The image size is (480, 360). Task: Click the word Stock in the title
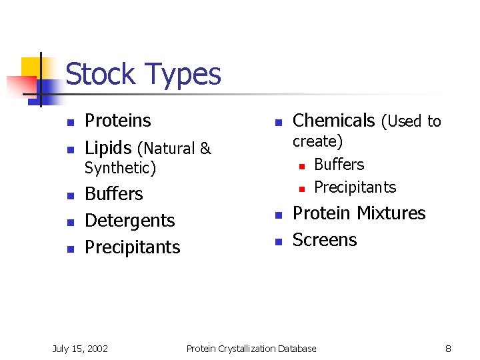tap(101, 74)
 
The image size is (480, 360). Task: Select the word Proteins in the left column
tap(118, 121)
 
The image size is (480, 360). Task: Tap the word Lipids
tap(108, 148)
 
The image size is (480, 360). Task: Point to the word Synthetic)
tap(120, 168)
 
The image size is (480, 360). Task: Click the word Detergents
tap(130, 221)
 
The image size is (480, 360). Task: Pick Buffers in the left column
tap(114, 194)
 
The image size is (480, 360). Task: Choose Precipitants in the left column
tap(133, 247)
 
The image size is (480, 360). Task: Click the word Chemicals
tap(334, 121)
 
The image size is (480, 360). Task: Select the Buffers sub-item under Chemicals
tap(339, 165)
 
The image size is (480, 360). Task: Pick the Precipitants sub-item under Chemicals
tap(355, 187)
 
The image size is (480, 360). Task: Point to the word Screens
tap(325, 240)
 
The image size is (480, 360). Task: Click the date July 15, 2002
tap(80, 348)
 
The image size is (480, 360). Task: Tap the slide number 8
tap(448, 348)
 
